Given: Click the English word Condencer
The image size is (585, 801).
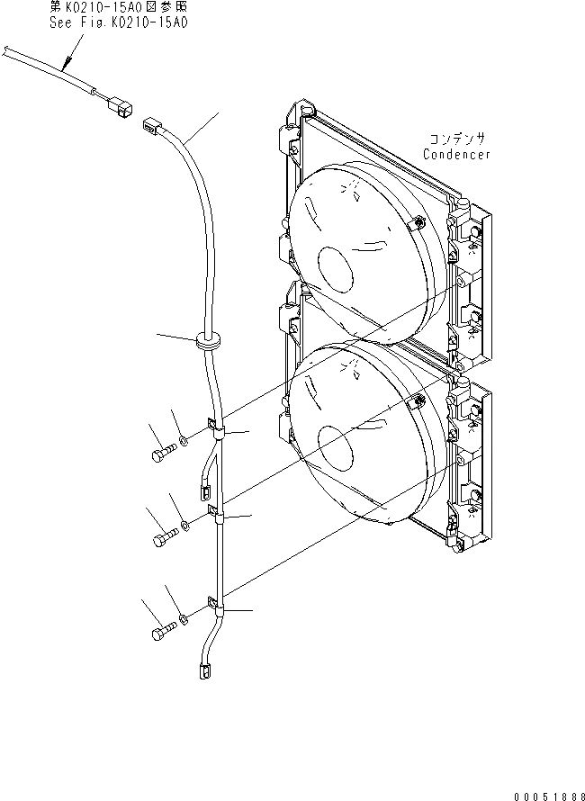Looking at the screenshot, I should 457,155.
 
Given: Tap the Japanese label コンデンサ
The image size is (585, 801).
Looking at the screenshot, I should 457,139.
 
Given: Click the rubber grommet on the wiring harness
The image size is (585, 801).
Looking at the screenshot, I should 207,341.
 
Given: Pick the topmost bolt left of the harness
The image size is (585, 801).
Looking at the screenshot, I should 160,452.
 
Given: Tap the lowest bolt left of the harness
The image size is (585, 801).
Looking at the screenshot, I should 160,634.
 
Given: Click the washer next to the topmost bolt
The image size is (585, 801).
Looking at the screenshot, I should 184,440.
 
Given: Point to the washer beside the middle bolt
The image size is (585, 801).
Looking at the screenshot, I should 184,524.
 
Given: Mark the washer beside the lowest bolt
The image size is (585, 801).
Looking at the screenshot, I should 184,619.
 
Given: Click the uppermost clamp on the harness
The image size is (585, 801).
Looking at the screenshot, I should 216,430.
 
